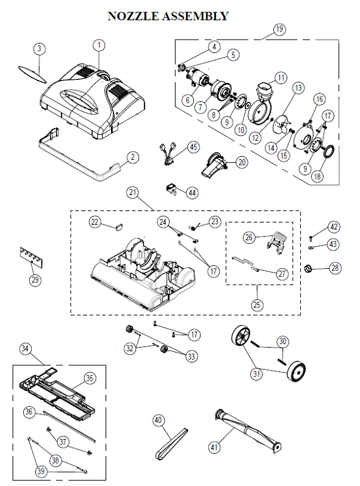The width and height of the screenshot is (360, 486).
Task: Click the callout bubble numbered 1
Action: click(99, 45)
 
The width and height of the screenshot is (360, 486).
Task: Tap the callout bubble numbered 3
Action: click(39, 48)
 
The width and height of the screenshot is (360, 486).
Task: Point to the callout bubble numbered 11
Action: click(281, 78)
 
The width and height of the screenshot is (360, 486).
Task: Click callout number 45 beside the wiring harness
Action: click(193, 147)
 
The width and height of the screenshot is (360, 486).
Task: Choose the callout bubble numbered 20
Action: click(242, 162)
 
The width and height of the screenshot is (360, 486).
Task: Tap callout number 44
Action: click(192, 193)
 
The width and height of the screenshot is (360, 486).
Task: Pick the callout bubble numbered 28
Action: click(336, 268)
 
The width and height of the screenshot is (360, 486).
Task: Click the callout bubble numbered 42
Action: click(333, 227)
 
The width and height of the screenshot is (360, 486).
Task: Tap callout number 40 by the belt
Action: click(158, 420)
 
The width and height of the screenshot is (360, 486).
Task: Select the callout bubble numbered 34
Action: click(24, 348)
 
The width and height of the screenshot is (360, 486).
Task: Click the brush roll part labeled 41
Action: click(247, 432)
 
